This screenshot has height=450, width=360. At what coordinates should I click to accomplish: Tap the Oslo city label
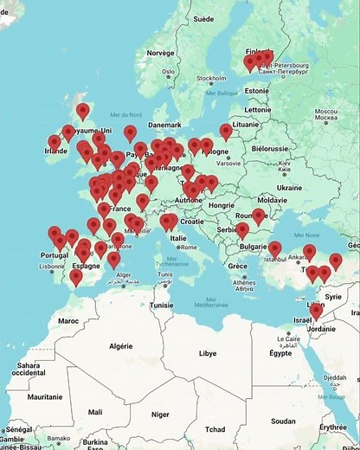168,72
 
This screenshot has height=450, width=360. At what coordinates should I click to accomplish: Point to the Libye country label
208,353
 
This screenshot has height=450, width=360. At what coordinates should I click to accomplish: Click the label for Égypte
280,353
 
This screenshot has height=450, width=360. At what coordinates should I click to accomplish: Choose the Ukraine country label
288,187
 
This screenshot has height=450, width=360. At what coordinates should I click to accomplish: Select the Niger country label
159,414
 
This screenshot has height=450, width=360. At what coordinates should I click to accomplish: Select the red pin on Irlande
55,142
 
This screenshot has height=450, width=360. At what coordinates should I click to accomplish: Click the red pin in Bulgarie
243,230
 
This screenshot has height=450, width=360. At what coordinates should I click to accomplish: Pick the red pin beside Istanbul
274,249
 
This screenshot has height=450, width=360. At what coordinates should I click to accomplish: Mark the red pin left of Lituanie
226,132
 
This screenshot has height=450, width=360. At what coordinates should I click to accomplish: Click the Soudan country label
283,421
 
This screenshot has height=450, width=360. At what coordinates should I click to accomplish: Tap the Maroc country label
67,320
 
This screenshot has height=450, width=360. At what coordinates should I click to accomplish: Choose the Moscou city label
325,112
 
